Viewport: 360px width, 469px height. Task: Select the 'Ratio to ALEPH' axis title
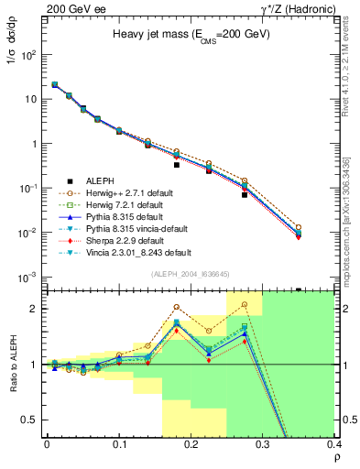click(x=12, y=364)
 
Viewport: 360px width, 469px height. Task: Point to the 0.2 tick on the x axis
click(x=190, y=446)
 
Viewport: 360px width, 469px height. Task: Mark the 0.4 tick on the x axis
click(x=333, y=446)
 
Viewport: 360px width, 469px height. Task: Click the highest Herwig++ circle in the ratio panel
click(x=245, y=304)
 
